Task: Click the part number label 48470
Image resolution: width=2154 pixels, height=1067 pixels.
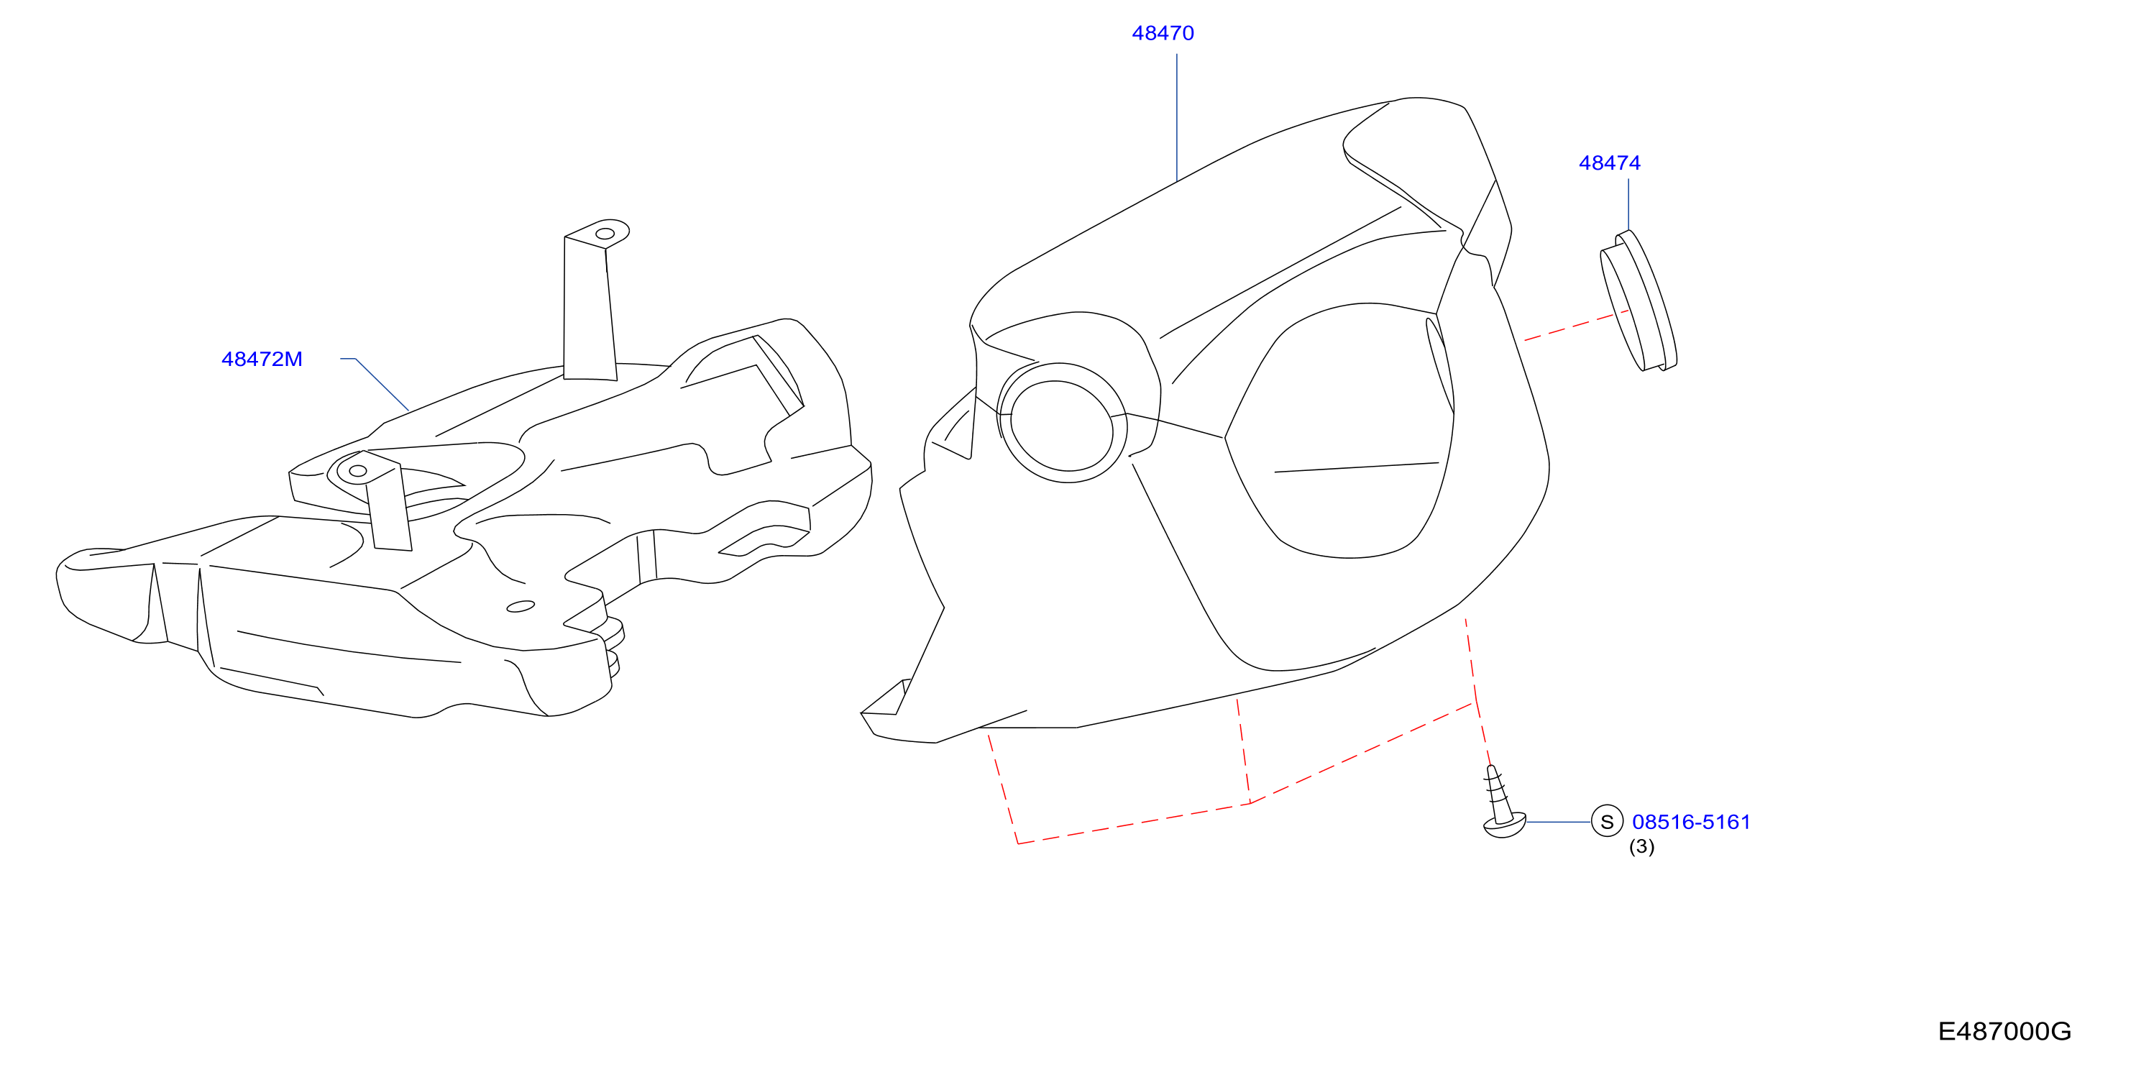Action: (1163, 34)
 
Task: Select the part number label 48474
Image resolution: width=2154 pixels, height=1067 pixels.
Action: (1610, 163)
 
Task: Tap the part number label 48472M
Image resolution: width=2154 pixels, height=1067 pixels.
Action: (262, 360)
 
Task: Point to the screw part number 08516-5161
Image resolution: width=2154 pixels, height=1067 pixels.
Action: (1691, 822)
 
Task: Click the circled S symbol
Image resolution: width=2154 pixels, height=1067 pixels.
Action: (1606, 822)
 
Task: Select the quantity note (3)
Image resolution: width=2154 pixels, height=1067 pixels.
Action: (1641, 847)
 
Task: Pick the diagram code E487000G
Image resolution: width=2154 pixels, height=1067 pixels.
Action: (2004, 1032)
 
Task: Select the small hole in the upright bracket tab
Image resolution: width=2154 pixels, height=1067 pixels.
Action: (605, 233)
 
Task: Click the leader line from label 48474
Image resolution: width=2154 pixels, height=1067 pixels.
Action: (1628, 204)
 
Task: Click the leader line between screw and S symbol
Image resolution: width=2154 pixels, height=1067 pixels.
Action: (1559, 822)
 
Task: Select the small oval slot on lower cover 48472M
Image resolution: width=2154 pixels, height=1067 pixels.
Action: (521, 606)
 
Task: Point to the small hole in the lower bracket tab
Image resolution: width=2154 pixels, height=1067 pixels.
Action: (358, 471)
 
